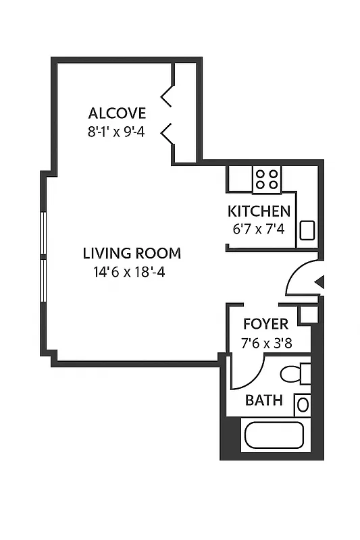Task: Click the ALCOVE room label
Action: [x=117, y=113]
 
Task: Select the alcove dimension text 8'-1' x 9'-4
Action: [x=117, y=132]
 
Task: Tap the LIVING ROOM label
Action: [x=132, y=254]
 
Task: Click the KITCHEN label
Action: [x=259, y=211]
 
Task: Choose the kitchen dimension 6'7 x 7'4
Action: [x=259, y=229]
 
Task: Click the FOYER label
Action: [x=265, y=324]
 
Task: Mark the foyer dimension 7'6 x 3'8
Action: [x=265, y=342]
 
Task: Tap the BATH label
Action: [x=263, y=400]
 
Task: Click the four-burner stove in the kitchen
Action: [x=267, y=178]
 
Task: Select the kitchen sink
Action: [x=307, y=230]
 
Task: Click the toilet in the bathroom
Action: [x=294, y=373]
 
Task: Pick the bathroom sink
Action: [x=303, y=405]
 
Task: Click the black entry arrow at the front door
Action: [x=320, y=282]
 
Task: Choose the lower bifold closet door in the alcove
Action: [x=168, y=132]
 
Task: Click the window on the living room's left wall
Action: [x=43, y=257]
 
